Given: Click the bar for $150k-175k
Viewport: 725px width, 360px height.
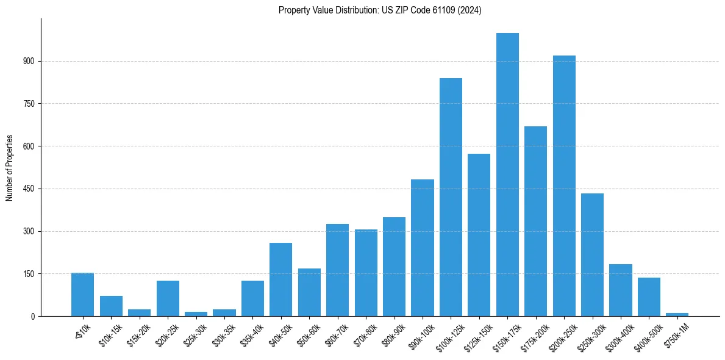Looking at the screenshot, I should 507,175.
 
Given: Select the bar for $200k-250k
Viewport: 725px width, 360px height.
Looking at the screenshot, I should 564,186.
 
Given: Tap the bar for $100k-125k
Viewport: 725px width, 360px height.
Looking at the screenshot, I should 451,197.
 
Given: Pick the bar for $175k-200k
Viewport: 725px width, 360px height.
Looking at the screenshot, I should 535,221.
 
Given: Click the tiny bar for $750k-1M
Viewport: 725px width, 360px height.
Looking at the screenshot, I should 677,314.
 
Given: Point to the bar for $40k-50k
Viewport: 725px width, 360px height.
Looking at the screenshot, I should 280,279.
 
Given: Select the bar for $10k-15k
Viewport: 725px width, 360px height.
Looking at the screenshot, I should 111,306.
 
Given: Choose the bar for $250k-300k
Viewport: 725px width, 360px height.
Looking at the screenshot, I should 592,254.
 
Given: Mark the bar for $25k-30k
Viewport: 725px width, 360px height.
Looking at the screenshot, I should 196,314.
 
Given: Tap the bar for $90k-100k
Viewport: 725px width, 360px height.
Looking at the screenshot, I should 423,248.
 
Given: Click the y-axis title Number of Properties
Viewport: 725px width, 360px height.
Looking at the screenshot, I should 9,167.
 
